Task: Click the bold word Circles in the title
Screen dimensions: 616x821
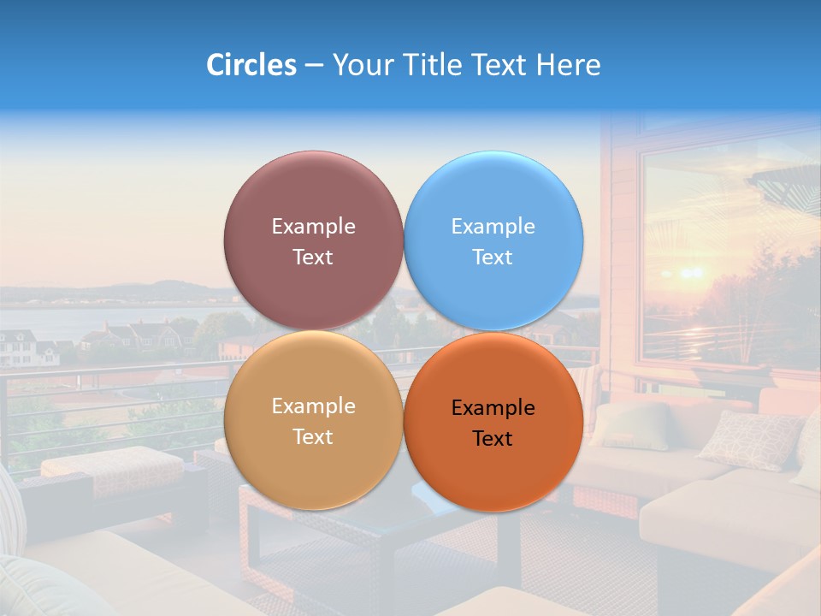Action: click(x=251, y=65)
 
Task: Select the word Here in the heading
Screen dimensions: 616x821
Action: click(x=569, y=65)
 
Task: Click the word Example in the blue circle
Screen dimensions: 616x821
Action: click(x=493, y=227)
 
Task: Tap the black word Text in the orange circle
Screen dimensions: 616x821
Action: click(x=493, y=439)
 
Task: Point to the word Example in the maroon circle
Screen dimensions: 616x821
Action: click(x=313, y=227)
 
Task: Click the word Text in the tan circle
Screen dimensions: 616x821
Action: click(x=313, y=437)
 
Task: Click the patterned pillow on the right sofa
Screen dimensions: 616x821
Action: click(x=748, y=438)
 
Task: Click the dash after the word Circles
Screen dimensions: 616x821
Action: click(x=314, y=66)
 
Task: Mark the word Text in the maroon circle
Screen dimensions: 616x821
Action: click(x=313, y=258)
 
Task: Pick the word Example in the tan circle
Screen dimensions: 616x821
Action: click(x=313, y=406)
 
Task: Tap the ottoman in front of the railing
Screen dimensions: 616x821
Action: click(x=111, y=471)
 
